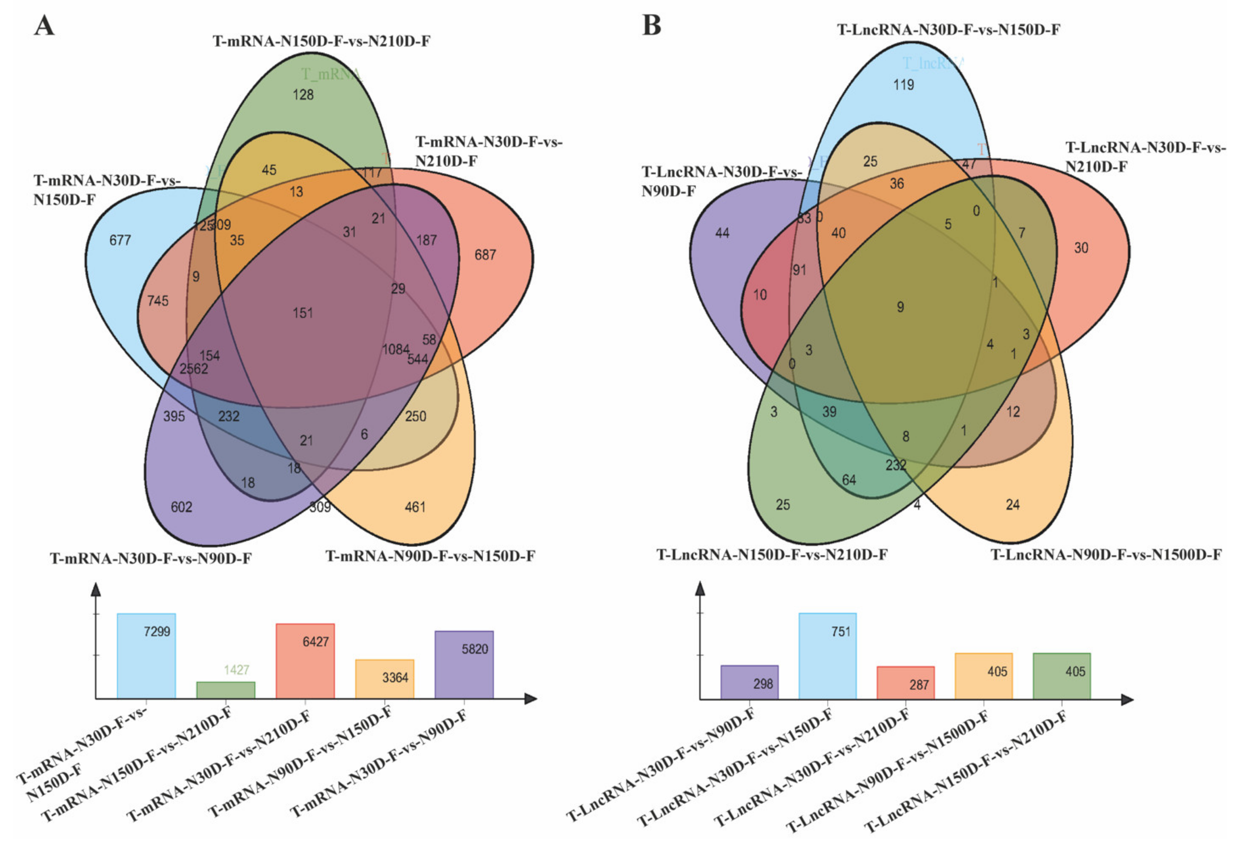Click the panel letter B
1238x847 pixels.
click(x=651, y=25)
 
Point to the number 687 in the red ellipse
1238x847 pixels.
click(x=485, y=255)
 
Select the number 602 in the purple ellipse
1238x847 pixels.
click(x=181, y=507)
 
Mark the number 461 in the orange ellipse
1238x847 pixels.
click(x=415, y=507)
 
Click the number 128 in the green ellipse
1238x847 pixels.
click(x=303, y=95)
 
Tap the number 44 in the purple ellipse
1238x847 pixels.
click(x=722, y=233)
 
